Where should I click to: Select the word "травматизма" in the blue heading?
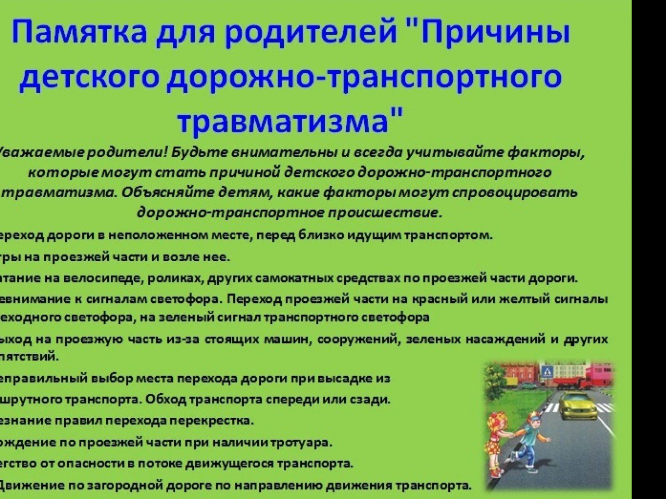click(284, 121)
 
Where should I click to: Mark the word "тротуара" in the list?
click(304, 443)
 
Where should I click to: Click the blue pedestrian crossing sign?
click(547, 372)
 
